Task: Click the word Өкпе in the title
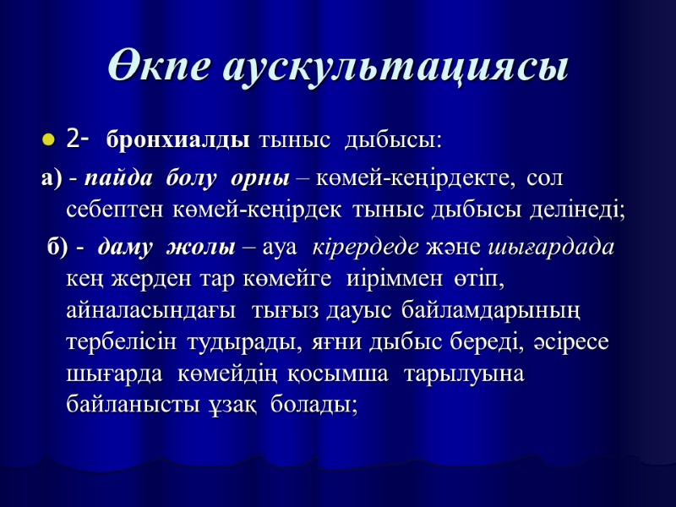click(x=158, y=67)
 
